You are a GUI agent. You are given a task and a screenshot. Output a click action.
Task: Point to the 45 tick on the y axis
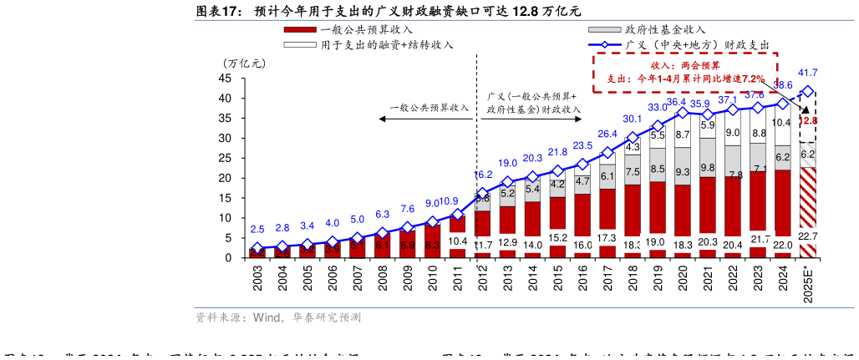225,78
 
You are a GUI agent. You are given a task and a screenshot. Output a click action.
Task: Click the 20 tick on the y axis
225,178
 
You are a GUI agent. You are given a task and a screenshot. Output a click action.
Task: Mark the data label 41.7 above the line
808,73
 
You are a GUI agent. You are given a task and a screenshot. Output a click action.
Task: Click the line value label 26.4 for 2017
607,134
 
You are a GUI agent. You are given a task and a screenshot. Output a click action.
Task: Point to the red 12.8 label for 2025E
808,120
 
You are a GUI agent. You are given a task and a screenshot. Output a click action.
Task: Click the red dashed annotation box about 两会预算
684,71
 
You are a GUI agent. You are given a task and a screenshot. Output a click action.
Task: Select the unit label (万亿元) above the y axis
243,63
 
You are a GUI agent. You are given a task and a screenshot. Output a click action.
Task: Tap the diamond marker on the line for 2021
708,114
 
